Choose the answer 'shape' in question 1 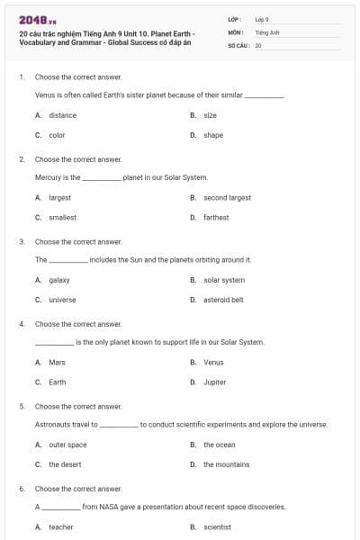tap(213, 135)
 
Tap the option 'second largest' tap(227, 197)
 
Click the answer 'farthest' tap(216, 217)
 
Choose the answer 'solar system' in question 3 tap(224, 280)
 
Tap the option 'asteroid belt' tap(223, 300)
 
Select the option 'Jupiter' tap(214, 382)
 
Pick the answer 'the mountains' tap(226, 464)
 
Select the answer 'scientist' tap(217, 526)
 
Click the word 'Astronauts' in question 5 tap(52, 424)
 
